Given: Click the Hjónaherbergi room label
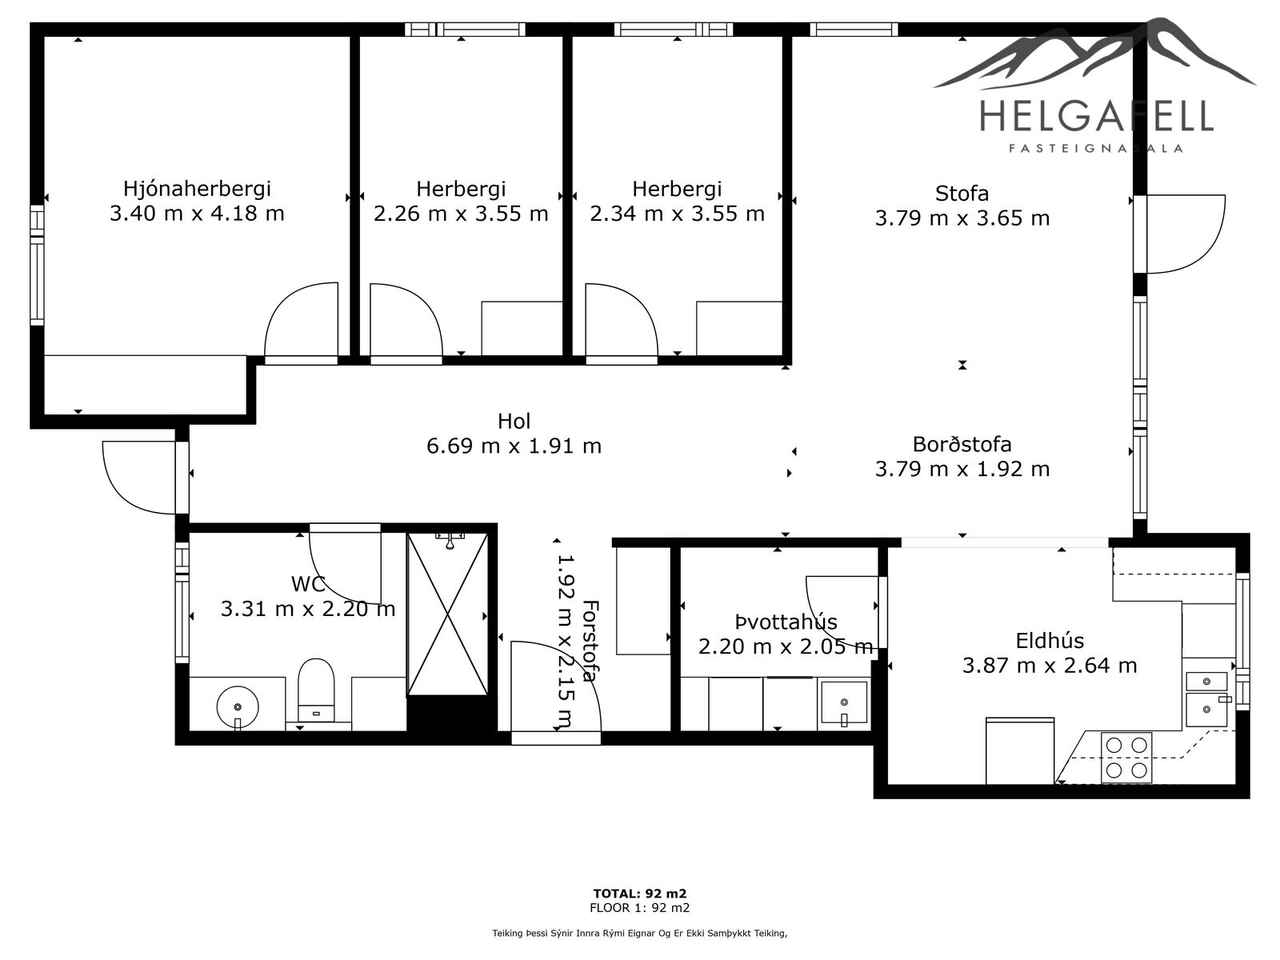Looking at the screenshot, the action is point(197,189).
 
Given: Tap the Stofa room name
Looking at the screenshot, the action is point(962,194).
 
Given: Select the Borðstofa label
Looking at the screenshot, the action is point(962,444).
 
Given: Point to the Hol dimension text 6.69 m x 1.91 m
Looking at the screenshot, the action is point(514,446).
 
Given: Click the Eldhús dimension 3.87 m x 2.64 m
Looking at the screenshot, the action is point(1050,665).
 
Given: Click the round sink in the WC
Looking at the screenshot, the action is point(238,707).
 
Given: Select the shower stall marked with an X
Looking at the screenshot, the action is point(447,614).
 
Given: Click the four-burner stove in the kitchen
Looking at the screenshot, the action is point(1126,757).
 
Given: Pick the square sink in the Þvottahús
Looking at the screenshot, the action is point(844,702).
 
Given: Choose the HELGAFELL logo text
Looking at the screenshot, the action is point(1096,115).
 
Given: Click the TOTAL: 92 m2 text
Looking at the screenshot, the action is point(640,894).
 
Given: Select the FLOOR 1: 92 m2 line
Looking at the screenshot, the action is point(640,907).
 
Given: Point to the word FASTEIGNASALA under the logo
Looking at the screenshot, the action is point(1096,149).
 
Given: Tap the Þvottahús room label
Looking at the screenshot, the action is point(786,622).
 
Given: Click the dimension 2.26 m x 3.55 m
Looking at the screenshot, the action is point(461,214).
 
